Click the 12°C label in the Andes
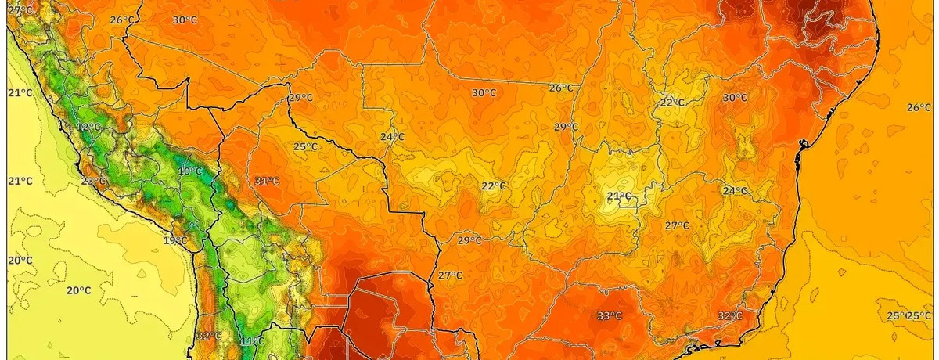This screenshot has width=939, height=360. [89, 127]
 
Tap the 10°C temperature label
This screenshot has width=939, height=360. [189, 171]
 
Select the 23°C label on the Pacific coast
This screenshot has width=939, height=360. [93, 182]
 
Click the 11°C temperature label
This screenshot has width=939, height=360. [251, 341]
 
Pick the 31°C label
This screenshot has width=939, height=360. [267, 181]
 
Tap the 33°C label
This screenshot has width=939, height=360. [610, 316]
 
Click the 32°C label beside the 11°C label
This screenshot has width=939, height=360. [209, 336]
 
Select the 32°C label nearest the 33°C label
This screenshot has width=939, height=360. [729, 316]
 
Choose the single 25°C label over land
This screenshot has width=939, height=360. [305, 146]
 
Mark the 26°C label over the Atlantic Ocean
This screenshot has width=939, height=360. [919, 107]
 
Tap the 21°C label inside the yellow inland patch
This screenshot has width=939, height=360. [619, 196]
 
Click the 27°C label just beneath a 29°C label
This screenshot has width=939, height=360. [450, 275]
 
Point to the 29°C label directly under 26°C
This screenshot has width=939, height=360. [566, 127]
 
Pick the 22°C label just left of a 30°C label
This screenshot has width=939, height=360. [671, 103]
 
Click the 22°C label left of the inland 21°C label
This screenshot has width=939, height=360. [494, 186]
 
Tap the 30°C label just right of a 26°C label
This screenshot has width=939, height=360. [185, 20]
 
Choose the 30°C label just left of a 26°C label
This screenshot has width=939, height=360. [484, 92]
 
